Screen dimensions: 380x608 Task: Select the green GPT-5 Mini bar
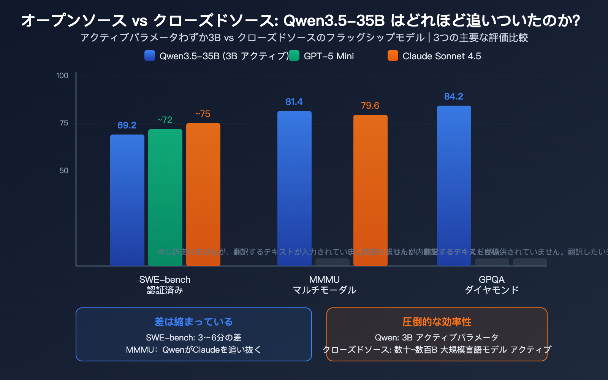point(165,198)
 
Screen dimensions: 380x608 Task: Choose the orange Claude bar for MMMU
point(370,190)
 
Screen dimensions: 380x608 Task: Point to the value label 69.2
point(127,125)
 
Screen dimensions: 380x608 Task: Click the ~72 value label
point(165,120)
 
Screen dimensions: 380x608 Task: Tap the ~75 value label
point(203,114)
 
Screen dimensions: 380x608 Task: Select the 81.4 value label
point(294,102)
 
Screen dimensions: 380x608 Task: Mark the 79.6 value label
point(370,106)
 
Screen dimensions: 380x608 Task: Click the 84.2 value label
point(454,97)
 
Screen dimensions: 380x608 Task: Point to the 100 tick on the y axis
point(62,76)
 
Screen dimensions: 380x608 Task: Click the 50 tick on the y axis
point(64,171)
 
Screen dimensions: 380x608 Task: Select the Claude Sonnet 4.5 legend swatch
point(393,56)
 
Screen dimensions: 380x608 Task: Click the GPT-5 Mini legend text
point(329,56)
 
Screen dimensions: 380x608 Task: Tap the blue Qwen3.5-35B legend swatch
point(150,56)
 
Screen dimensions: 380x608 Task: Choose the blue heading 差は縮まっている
point(193,322)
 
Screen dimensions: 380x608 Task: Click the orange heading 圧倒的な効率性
point(437,322)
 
